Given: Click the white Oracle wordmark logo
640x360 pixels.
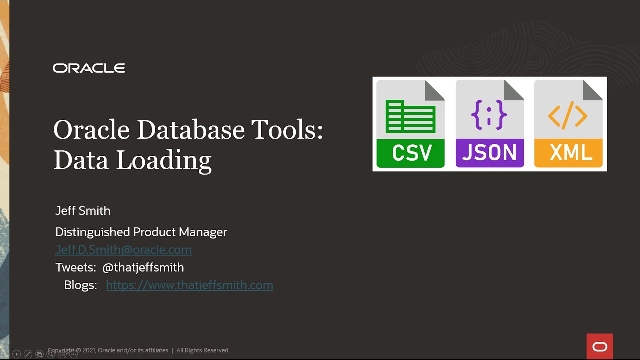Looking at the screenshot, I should click(x=89, y=68).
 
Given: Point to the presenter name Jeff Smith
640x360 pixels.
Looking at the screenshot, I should click(x=83, y=211).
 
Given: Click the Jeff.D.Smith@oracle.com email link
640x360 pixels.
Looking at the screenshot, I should click(x=123, y=249).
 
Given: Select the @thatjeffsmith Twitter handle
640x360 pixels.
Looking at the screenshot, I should click(x=143, y=267).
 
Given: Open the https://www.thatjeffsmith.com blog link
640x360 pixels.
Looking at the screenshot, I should click(x=189, y=285).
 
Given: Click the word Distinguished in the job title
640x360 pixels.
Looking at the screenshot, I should click(x=93, y=232).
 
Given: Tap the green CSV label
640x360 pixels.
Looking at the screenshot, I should click(x=410, y=153).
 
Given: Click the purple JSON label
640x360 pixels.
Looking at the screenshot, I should click(x=489, y=153).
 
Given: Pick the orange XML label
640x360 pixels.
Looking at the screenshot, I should click(x=568, y=153).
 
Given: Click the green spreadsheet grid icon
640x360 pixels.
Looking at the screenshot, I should click(x=410, y=116).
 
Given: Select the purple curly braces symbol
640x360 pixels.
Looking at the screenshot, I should click(x=489, y=115).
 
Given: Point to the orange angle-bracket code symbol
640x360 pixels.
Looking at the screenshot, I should click(x=568, y=116).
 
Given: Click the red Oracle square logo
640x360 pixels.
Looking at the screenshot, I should click(x=600, y=346).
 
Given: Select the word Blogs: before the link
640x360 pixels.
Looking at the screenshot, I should click(x=80, y=285).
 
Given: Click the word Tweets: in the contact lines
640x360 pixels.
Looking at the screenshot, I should click(x=76, y=267).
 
